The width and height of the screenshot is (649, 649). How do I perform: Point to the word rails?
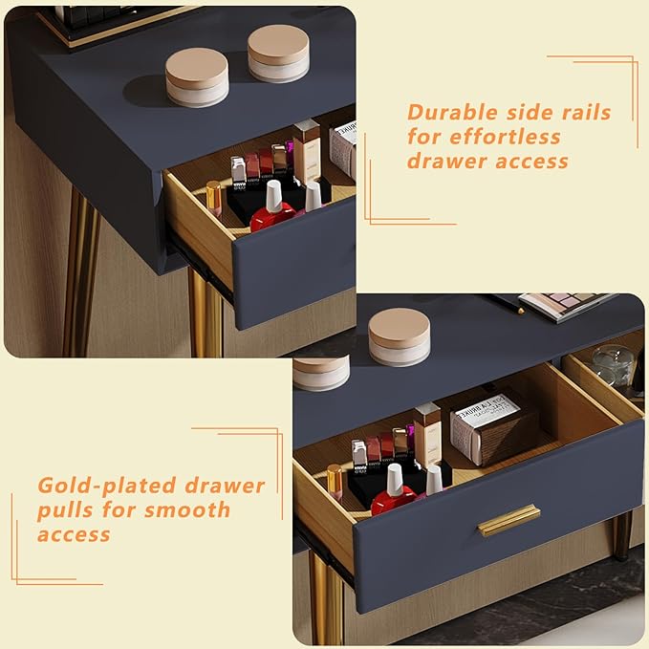pyautogui.click(x=586, y=112)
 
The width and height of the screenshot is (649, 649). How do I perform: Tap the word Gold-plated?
pyautogui.click(x=107, y=487)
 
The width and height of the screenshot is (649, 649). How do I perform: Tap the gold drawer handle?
pyautogui.click(x=508, y=520)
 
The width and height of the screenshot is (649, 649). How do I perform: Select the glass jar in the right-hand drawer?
pyautogui.click(x=612, y=364)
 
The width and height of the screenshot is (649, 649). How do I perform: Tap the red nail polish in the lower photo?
pyautogui.click(x=394, y=491)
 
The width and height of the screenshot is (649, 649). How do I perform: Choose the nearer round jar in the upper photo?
pyautogui.click(x=197, y=77)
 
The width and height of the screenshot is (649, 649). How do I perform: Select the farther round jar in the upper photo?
pyautogui.click(x=278, y=54)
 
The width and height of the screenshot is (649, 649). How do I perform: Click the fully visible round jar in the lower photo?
pyautogui.click(x=399, y=336)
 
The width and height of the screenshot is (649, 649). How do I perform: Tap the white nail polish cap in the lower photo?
pyautogui.click(x=433, y=480)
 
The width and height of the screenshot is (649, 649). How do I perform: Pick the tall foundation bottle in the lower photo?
pyautogui.click(x=428, y=434)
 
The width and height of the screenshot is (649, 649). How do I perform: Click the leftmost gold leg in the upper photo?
pyautogui.click(x=81, y=273)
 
